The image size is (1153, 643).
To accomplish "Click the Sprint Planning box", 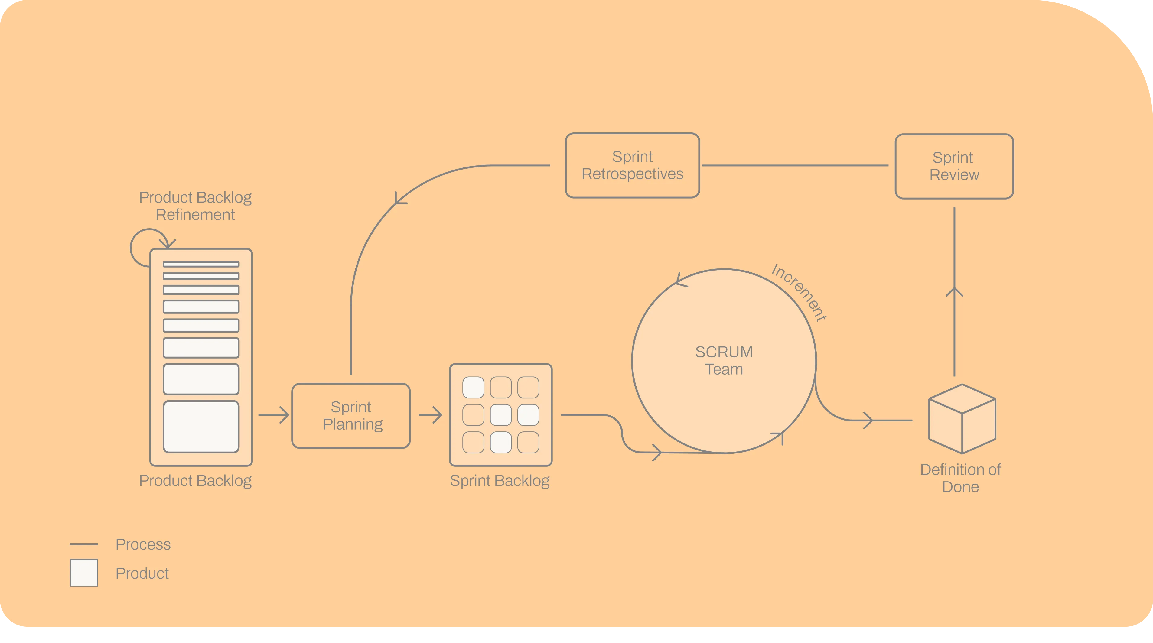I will click(351, 416).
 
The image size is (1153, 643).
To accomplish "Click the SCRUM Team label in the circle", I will click(724, 361).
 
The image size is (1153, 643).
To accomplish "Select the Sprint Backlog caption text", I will click(500, 481).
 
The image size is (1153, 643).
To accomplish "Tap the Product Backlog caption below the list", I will click(195, 481).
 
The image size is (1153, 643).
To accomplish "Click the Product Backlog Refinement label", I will click(195, 206).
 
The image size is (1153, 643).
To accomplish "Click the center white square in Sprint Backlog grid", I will click(500, 415).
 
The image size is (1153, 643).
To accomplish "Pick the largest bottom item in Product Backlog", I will click(201, 427).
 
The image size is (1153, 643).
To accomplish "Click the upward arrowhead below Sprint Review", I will click(954, 292).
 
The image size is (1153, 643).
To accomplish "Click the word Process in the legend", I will click(143, 544).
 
